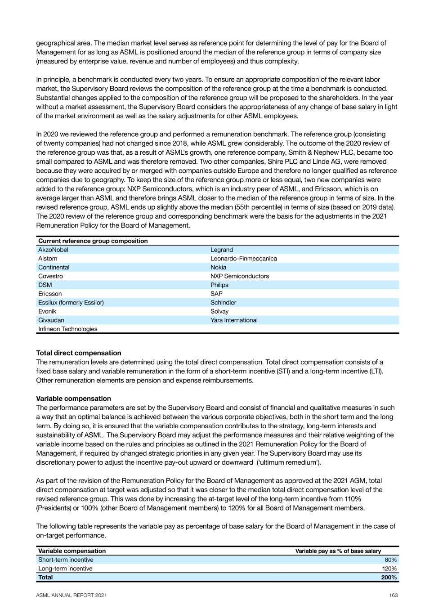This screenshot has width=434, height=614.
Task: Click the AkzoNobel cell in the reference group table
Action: point(53,250)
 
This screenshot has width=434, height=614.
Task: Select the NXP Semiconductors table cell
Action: point(240,276)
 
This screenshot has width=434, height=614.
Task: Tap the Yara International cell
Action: point(234,320)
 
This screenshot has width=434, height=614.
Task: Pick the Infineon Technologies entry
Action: point(67,329)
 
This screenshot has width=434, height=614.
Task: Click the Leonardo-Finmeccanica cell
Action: point(244,259)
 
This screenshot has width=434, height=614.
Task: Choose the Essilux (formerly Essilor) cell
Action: point(71,303)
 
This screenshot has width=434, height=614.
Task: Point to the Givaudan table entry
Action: point(51,320)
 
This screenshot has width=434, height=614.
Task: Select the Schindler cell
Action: point(223,303)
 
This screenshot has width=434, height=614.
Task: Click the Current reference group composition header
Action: point(93,241)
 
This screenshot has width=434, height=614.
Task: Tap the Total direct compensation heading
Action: point(79,353)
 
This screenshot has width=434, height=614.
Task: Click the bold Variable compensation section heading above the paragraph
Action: point(73,399)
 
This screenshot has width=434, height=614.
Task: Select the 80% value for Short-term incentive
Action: point(390,560)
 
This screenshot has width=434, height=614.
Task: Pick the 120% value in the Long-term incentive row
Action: point(389,569)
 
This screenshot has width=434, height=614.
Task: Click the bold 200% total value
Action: point(389,578)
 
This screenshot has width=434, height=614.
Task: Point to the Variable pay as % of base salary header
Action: point(338,551)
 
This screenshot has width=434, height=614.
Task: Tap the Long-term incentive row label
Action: point(65,569)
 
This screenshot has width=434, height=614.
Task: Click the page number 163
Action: point(394,595)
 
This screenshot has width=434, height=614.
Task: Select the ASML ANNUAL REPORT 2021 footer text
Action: point(72,595)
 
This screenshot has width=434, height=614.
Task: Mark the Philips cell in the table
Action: point(219,285)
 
